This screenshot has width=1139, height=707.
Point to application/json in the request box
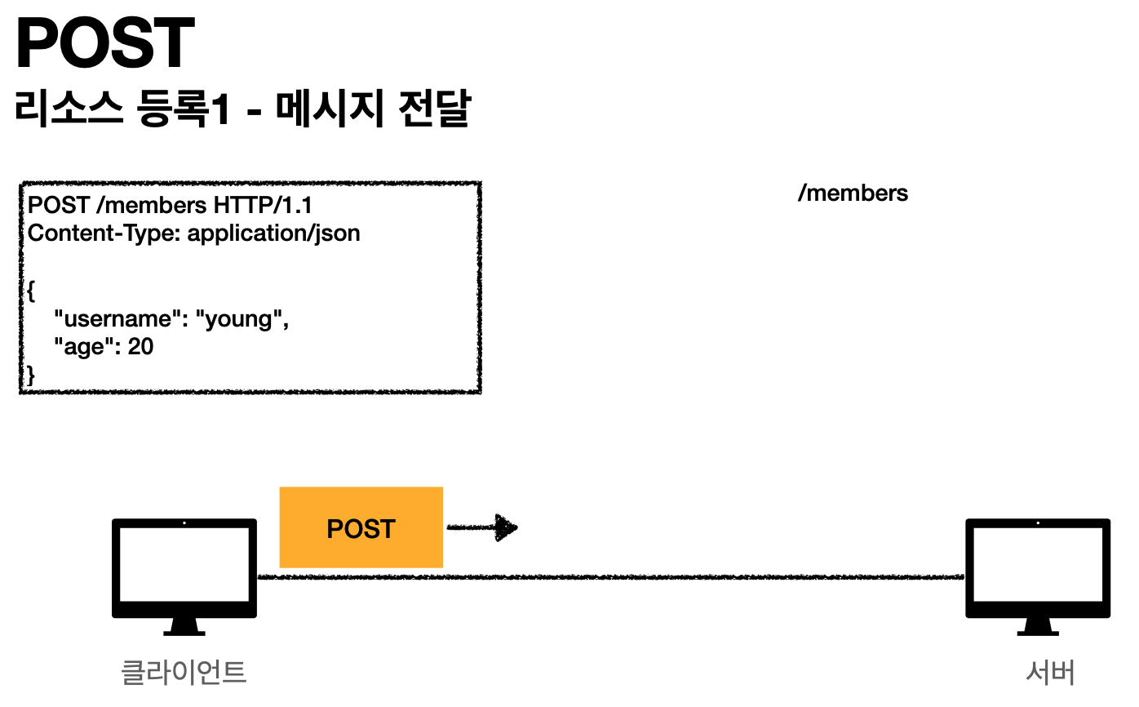pyautogui.click(x=273, y=233)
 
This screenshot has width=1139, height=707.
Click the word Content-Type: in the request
pyautogui.click(x=104, y=233)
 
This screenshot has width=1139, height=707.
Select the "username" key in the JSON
pyautogui.click(x=113, y=318)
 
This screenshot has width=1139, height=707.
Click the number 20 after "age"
pyautogui.click(x=141, y=347)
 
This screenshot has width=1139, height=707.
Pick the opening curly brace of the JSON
pyautogui.click(x=32, y=290)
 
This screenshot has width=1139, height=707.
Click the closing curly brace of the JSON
pyautogui.click(x=32, y=375)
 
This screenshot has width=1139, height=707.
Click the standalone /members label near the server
pyautogui.click(x=853, y=193)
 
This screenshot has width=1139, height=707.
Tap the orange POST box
pyautogui.click(x=361, y=527)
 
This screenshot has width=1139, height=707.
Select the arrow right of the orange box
pyautogui.click(x=483, y=528)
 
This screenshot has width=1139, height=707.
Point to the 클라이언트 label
pyautogui.click(x=184, y=673)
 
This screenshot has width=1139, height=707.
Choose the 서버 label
pyautogui.click(x=1050, y=673)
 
